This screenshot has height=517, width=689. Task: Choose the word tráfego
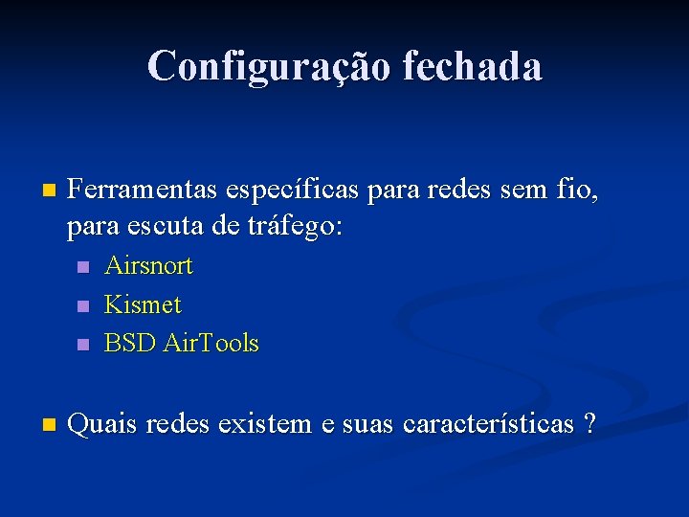tap(294, 228)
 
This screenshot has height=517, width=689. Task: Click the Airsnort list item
tap(148, 265)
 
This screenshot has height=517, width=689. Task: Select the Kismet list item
tap(143, 304)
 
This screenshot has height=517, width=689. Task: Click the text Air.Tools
tap(211, 343)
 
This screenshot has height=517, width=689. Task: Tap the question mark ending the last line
tap(588, 423)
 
